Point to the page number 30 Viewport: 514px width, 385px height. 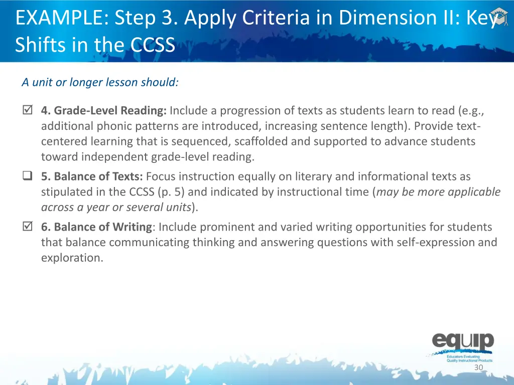click(478, 367)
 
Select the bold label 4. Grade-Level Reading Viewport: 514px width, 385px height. click(104, 110)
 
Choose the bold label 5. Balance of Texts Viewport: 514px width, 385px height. click(92, 176)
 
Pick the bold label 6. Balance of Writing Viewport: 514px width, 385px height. click(96, 227)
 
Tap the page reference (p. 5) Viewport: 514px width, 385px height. click(167, 192)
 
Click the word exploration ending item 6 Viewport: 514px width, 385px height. click(72, 258)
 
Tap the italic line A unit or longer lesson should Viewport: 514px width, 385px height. click(100, 82)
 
